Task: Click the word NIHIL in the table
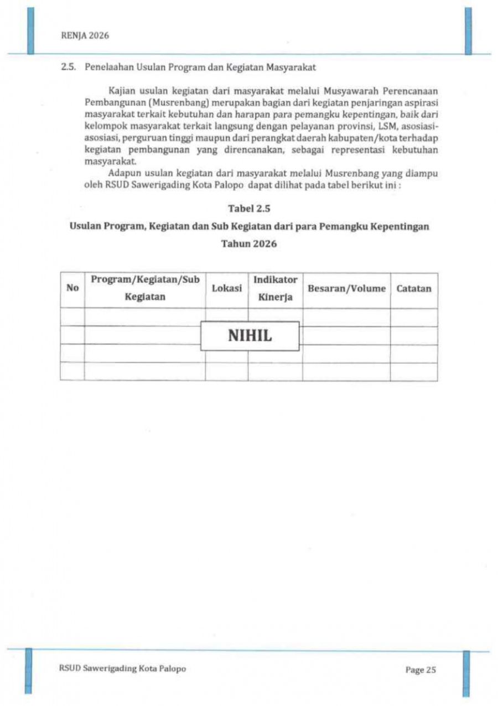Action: [250, 336]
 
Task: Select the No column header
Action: [72, 288]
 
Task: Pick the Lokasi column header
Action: [227, 288]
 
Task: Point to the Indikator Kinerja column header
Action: [276, 288]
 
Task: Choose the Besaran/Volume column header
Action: [346, 288]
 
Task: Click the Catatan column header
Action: [414, 288]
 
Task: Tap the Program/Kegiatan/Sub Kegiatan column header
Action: [145, 288]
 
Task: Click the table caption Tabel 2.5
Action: [249, 209]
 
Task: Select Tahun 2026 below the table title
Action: [249, 244]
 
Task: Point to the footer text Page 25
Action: [421, 670]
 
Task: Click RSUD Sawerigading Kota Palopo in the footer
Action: [122, 668]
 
